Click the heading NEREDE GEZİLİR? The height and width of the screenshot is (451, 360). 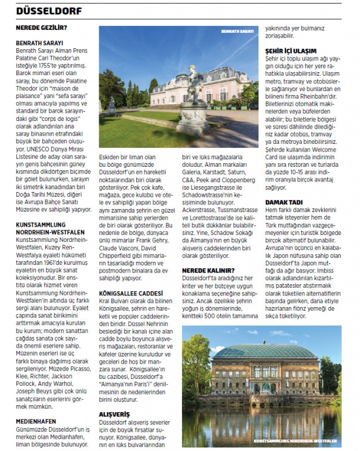point(41,27)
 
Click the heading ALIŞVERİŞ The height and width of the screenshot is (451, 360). point(115,414)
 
